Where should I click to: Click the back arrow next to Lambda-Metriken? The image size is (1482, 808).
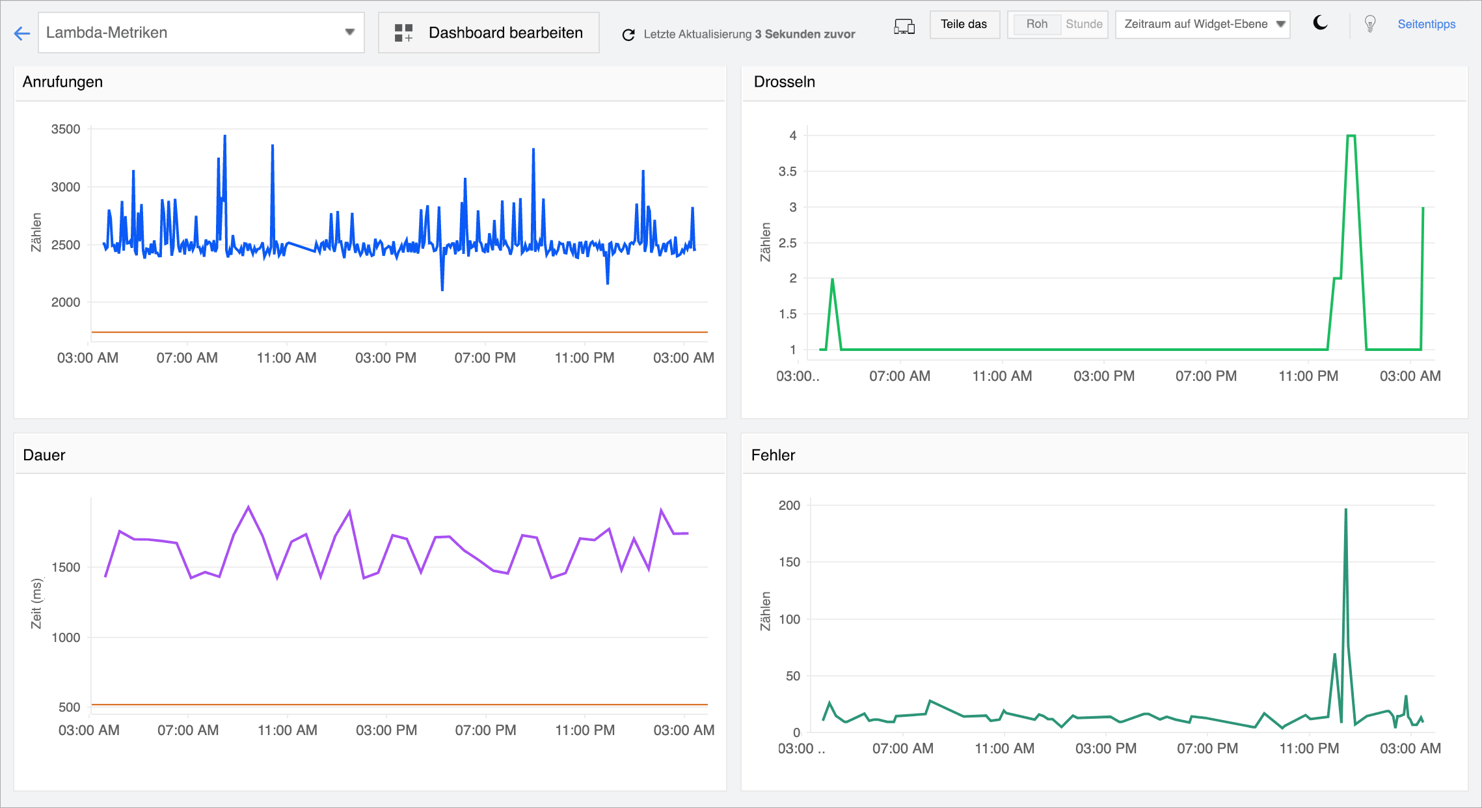click(22, 33)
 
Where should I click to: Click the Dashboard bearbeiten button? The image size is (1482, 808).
click(489, 33)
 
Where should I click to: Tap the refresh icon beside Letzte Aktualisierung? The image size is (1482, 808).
click(628, 35)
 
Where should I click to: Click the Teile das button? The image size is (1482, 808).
click(964, 25)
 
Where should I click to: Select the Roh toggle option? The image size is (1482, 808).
click(1036, 25)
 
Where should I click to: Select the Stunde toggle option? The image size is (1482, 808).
click(1084, 25)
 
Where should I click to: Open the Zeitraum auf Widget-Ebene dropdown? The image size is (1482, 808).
click(1202, 25)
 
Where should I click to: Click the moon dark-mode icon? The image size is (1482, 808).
click(1320, 23)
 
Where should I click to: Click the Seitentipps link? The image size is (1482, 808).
click(1426, 25)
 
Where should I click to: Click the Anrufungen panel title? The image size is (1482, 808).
click(62, 82)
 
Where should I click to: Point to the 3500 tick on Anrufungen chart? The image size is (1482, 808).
click(66, 130)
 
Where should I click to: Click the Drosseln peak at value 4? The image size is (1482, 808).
click(1351, 136)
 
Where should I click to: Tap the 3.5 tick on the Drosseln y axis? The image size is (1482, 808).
click(787, 172)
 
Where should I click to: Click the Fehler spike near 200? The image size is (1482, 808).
click(1345, 510)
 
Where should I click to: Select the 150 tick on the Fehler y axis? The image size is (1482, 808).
click(789, 562)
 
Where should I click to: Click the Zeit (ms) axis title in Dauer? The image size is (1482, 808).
click(37, 604)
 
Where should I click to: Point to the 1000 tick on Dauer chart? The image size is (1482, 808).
click(66, 638)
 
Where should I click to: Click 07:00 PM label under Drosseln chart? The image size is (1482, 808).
click(1206, 376)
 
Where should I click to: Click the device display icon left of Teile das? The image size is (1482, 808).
click(904, 26)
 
